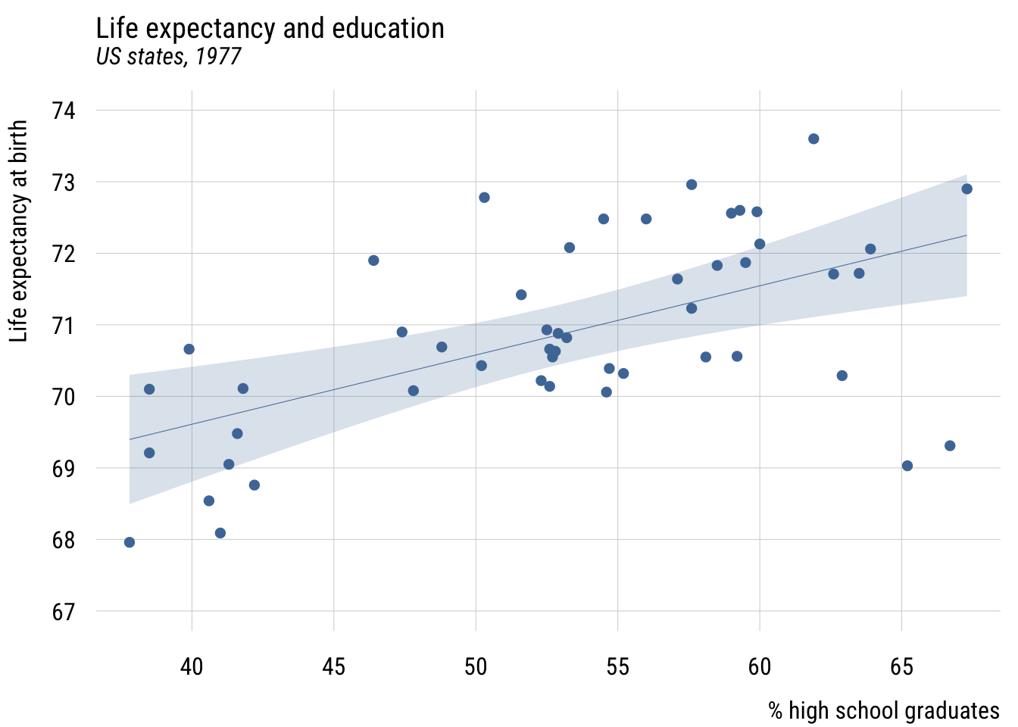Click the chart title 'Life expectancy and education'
(270, 29)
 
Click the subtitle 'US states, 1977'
(168, 57)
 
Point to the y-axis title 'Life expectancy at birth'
(19, 231)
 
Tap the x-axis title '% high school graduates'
(883, 710)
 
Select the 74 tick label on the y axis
(64, 111)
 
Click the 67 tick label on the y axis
(64, 611)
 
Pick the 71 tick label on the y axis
(64, 326)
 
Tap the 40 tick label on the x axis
(192, 666)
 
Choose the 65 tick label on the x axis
(901, 666)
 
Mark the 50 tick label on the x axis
(476, 666)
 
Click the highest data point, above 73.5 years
(813, 139)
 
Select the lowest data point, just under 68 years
(130, 542)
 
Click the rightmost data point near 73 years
(966, 189)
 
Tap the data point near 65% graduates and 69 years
(907, 466)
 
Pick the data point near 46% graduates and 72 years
(373, 261)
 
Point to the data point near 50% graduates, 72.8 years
(484, 198)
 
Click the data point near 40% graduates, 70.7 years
(189, 349)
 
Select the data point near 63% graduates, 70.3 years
(842, 376)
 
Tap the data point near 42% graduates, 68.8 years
(254, 485)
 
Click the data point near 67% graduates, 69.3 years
(950, 446)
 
